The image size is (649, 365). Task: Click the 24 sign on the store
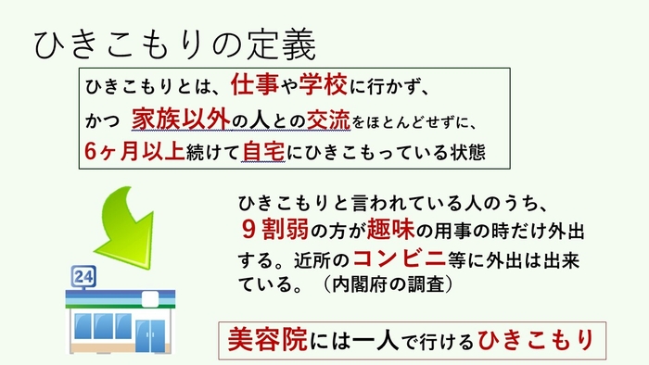tap(83, 277)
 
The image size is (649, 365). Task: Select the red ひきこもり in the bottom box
tap(534, 340)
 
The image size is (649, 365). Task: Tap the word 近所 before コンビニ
tap(314, 258)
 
